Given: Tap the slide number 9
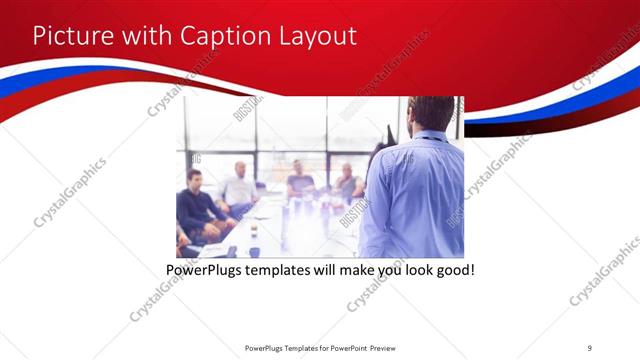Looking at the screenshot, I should pos(590,347).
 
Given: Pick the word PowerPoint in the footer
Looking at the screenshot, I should pos(346,347).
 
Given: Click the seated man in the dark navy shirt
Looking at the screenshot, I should pos(197,205).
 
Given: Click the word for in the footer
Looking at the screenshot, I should pos(321,347).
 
